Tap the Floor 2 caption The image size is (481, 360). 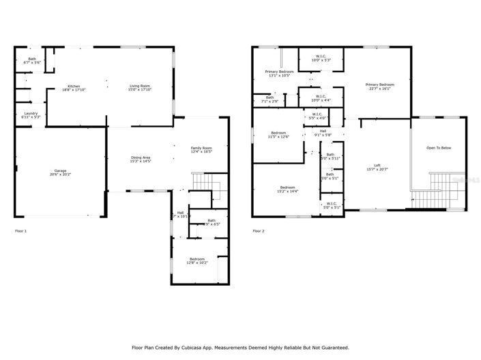coord(259,231)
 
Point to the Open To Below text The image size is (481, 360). coord(439,148)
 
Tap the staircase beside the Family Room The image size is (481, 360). coord(205,185)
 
